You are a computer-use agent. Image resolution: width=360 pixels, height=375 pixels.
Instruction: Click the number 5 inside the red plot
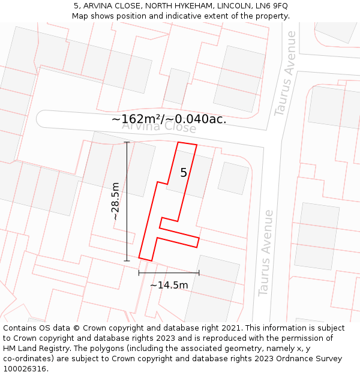(184, 173)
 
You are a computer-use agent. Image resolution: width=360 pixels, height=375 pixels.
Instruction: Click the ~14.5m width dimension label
(169, 285)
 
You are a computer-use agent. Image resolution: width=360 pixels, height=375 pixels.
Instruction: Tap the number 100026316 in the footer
(24, 369)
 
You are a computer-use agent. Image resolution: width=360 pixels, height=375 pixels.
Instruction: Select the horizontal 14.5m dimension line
(169, 273)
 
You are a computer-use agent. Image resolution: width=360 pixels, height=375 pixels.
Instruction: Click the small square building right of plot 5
(233, 178)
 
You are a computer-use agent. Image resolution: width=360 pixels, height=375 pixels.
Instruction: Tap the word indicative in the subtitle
(187, 16)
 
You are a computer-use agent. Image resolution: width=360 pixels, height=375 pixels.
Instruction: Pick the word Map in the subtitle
(80, 16)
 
